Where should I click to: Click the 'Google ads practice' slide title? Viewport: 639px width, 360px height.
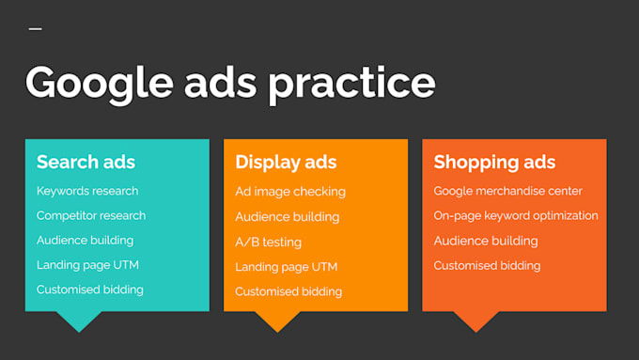(x=230, y=83)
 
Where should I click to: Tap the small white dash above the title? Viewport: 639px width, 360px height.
(x=36, y=29)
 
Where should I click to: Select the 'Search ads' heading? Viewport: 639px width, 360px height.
(x=86, y=162)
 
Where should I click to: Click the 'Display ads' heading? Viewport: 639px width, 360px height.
(x=286, y=162)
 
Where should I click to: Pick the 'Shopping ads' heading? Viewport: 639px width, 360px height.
(x=494, y=162)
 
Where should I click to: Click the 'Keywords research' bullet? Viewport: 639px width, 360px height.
(x=87, y=191)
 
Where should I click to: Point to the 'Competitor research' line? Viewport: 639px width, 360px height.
(x=91, y=215)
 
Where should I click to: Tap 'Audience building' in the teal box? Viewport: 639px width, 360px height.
(x=85, y=240)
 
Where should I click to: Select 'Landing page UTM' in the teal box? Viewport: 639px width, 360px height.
(x=87, y=265)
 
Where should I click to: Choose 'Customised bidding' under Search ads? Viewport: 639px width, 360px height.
(x=90, y=290)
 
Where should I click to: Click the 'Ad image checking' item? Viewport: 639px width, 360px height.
(x=290, y=192)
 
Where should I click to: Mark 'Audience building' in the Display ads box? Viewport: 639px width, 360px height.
(x=288, y=216)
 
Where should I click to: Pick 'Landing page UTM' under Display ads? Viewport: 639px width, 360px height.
(x=286, y=267)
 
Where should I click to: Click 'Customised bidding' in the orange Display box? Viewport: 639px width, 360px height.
(x=288, y=291)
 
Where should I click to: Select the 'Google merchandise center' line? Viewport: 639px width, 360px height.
(x=508, y=191)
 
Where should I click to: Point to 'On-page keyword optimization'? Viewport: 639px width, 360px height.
(x=516, y=215)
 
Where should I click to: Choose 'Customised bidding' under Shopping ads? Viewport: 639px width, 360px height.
(x=487, y=266)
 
